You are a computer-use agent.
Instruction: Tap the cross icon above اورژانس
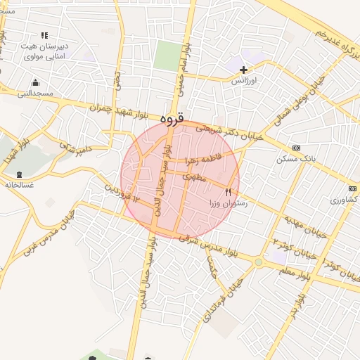coord(244,70)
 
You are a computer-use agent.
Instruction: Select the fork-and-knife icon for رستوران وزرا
coord(228,192)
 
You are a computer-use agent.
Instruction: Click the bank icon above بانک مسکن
coord(296,148)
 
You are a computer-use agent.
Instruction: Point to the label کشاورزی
coord(342,200)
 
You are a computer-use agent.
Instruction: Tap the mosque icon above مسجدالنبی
coord(36,82)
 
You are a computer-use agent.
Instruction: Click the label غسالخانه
coord(19,185)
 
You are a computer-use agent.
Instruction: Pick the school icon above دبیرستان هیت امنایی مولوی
coord(45,35)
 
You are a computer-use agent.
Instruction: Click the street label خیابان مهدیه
coord(306,224)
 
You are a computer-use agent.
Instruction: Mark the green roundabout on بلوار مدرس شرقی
coord(259,263)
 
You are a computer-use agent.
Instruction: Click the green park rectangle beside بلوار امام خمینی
coord(167,56)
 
